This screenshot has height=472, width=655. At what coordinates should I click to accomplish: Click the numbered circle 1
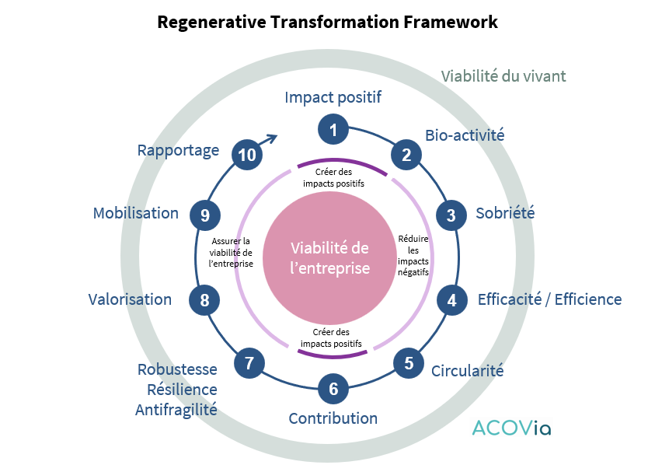tap(333, 130)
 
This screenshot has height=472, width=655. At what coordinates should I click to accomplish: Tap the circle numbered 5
tap(409, 362)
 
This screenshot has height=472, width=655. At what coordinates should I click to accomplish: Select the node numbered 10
tap(247, 155)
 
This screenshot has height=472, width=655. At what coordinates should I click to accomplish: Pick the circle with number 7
tap(249, 362)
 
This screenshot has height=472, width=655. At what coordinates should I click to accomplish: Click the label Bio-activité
tap(465, 135)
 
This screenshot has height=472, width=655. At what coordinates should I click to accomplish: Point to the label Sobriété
tap(505, 213)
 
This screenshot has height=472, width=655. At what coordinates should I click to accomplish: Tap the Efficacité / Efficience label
tap(549, 299)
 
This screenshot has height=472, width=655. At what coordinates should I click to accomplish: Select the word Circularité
tap(467, 370)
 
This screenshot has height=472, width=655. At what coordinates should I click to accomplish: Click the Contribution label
tap(333, 418)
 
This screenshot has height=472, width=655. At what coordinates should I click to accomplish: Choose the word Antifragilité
tap(176, 409)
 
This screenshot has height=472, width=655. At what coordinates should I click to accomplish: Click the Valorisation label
tap(130, 299)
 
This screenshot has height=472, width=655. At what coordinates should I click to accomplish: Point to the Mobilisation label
tap(135, 213)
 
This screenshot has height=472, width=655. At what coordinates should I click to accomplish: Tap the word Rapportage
tap(178, 150)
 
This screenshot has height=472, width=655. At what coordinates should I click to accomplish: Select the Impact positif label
tap(333, 97)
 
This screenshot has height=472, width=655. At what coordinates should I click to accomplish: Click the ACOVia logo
tap(511, 428)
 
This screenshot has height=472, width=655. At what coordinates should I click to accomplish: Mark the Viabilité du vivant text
tap(503, 76)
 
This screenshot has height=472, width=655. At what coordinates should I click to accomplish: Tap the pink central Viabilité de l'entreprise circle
tap(329, 257)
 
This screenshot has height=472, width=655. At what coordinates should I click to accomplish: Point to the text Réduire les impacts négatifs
tap(413, 255)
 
